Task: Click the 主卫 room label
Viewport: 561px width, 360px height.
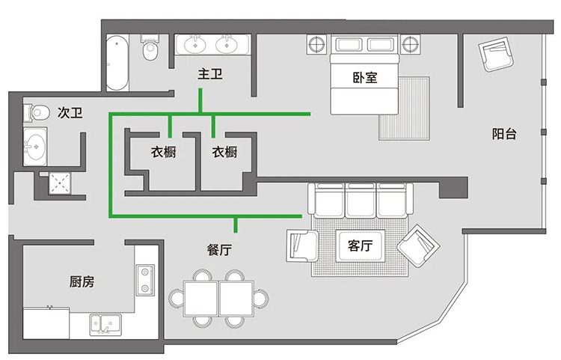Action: point(210,74)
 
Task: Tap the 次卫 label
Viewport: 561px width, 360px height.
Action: point(70,113)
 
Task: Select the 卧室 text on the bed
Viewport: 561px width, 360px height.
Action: point(365,77)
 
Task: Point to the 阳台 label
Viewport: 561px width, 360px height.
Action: point(504,134)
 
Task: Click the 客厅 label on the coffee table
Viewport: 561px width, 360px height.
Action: point(360,245)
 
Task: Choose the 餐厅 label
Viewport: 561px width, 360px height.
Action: point(219,249)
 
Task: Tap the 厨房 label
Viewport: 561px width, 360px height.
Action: point(82,282)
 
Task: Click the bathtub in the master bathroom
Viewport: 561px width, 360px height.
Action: point(117,63)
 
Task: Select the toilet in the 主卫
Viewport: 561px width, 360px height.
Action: point(150,48)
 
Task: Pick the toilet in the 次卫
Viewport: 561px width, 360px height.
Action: point(37,112)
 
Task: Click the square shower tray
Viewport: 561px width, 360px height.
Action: point(59,183)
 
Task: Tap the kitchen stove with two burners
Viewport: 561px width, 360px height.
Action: point(145,280)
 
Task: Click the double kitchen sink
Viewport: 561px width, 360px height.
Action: point(105,325)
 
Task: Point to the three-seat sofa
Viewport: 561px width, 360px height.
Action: point(361,201)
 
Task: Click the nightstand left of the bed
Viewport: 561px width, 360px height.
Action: point(316,45)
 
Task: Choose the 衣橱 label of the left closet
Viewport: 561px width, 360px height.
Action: point(163,152)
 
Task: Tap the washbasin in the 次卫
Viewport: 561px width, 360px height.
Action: point(34,147)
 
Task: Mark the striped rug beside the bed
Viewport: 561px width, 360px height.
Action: point(404,108)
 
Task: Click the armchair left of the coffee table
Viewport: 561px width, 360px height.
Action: point(302,246)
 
